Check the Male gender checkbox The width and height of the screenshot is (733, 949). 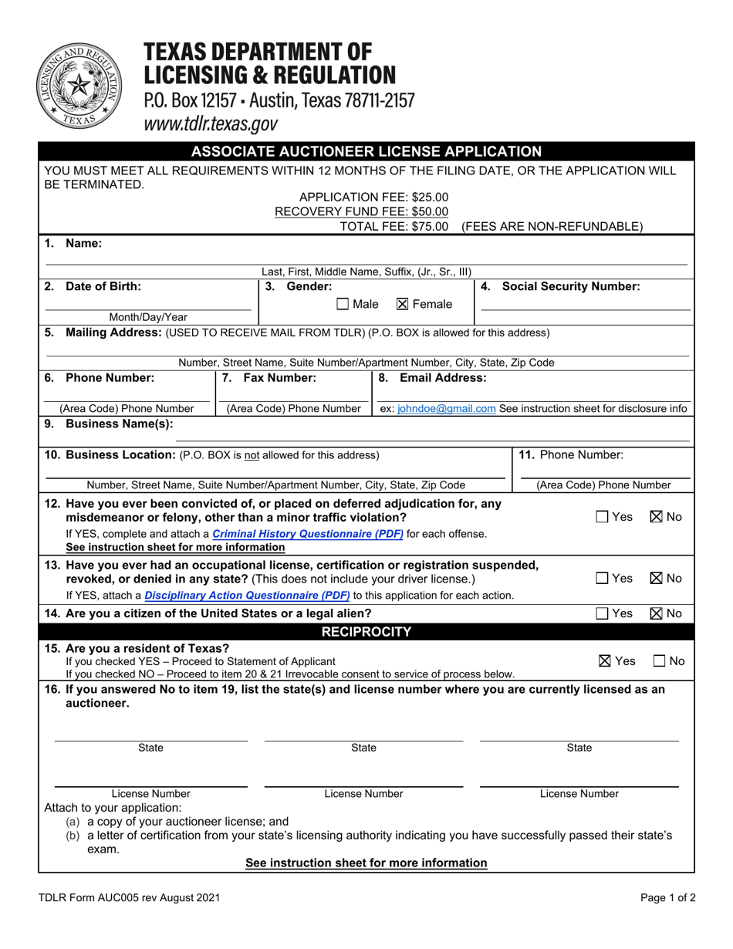(343, 305)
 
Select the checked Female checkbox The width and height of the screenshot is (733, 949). (402, 305)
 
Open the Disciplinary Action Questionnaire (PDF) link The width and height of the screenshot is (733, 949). (247, 596)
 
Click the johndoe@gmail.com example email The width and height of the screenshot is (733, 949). (446, 409)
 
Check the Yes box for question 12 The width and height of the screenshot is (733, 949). (602, 517)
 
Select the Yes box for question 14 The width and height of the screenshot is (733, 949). (602, 614)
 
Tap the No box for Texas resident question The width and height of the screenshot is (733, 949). (660, 661)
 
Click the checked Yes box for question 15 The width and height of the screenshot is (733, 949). (605, 661)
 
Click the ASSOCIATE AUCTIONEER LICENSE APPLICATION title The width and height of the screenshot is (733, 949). (366, 151)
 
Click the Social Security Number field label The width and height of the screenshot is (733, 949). (570, 287)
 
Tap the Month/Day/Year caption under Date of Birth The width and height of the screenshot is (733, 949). (147, 317)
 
